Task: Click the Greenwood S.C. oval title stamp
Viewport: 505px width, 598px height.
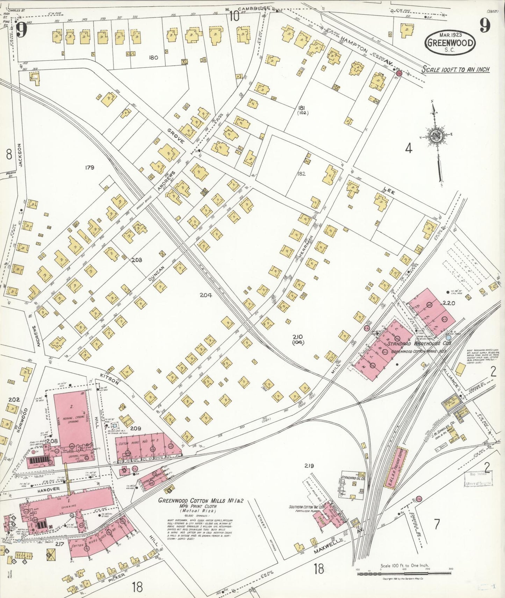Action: point(450,43)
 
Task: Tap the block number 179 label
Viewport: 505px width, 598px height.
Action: point(89,167)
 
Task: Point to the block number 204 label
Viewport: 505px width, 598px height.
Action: point(205,295)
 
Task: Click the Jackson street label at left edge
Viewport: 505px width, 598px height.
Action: point(20,155)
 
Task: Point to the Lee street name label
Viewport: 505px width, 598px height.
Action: point(389,190)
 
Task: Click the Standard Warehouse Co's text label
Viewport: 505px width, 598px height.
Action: point(419,343)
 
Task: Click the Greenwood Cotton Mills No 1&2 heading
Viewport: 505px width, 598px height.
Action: point(201,500)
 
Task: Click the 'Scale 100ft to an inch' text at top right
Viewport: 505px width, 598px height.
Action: point(455,69)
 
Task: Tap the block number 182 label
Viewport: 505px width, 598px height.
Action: point(301,173)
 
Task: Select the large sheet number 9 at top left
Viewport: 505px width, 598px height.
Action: point(22,30)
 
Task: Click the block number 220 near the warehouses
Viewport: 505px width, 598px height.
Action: point(449,303)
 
